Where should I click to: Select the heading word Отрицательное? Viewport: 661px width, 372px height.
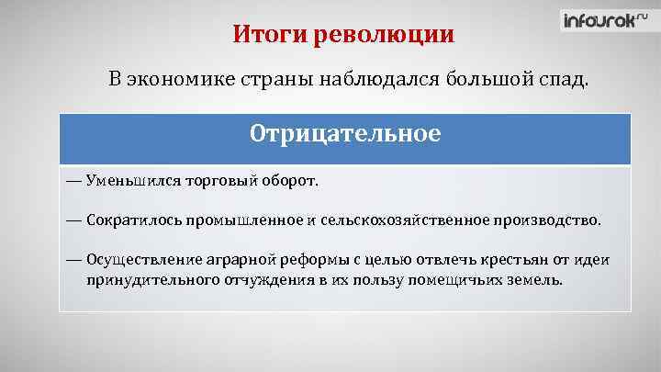click(x=344, y=134)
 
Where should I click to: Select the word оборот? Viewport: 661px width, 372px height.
click(x=292, y=181)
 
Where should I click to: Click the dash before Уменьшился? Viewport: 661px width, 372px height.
click(x=73, y=181)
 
